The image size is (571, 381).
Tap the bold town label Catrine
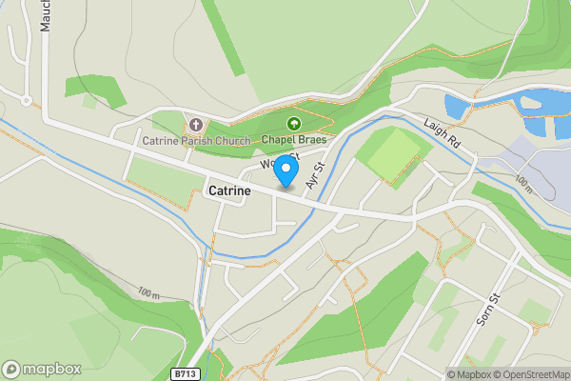[x=229, y=190]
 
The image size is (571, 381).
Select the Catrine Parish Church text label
[x=197, y=141]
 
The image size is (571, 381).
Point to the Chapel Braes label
[x=294, y=141]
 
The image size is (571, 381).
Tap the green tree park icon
[x=294, y=125]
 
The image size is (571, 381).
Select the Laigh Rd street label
[x=442, y=132]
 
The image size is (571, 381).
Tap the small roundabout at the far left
[x=26, y=99]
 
